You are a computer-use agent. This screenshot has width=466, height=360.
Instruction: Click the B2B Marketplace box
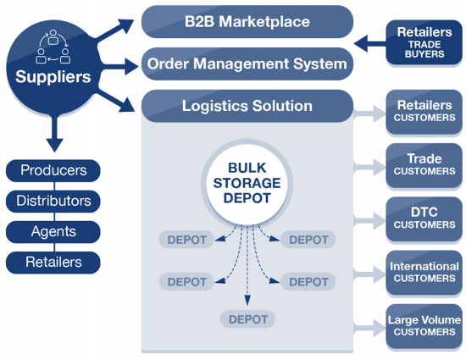pos(247,21)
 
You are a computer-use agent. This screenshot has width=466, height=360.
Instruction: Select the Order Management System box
pos(247,64)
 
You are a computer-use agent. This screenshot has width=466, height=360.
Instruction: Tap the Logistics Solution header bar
pos(247,106)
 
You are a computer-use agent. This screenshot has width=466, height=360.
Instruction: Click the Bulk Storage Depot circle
pos(247,183)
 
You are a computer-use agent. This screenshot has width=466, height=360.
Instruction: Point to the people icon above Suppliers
pos(53,47)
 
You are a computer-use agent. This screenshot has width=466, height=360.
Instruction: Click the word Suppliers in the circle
pos(53,76)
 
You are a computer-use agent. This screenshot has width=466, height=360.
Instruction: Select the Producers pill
pos(53,170)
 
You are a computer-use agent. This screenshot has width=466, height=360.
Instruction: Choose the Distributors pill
pos(53,201)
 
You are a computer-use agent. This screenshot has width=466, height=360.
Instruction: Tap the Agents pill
pos(53,232)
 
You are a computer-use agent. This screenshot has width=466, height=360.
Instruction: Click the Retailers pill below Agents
pos(53,263)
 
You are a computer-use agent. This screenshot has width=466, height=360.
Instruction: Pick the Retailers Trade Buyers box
pos(424,42)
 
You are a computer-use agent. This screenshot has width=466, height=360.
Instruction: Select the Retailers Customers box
pos(424,112)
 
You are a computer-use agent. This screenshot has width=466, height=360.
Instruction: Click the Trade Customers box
pos(424,165)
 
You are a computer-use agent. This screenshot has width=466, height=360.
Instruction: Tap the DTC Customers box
pos(424,219)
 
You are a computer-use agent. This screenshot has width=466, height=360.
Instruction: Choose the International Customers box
pos(424,273)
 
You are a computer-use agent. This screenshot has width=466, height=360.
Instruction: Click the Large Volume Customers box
pos(424,326)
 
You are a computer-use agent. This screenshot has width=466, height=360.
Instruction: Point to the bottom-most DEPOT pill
pos(247,319)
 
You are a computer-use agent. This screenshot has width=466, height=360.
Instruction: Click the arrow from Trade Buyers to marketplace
pos(370,44)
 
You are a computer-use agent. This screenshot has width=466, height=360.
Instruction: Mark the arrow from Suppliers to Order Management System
pos(119,66)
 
